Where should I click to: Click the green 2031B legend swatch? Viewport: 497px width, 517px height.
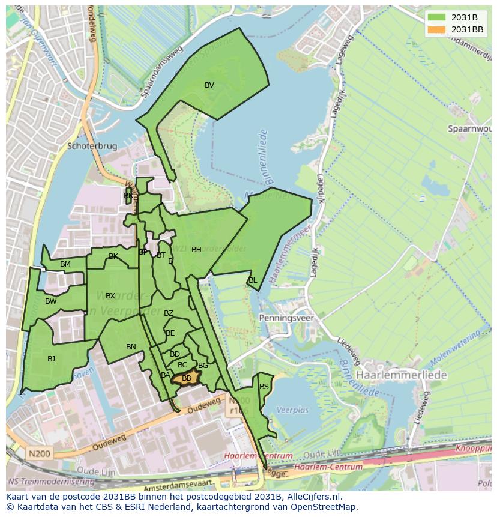tap(436, 17)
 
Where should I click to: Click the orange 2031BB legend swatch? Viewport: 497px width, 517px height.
tap(436, 29)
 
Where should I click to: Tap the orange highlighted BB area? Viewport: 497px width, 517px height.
tap(186, 378)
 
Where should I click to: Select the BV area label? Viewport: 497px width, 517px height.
tap(209, 85)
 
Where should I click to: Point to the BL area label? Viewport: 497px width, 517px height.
tap(253, 280)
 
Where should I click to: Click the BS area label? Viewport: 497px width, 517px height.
tap(264, 387)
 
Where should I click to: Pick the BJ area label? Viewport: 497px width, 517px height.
tap(51, 359)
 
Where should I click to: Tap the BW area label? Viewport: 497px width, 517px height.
tap(50, 301)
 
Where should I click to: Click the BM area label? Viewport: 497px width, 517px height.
tap(65, 264)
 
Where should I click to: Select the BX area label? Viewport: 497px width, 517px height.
tap(110, 296)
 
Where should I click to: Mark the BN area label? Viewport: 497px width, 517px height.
tap(131, 347)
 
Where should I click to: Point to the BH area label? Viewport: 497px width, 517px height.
tap(196, 250)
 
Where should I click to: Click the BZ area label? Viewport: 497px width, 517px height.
tap(168, 313)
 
